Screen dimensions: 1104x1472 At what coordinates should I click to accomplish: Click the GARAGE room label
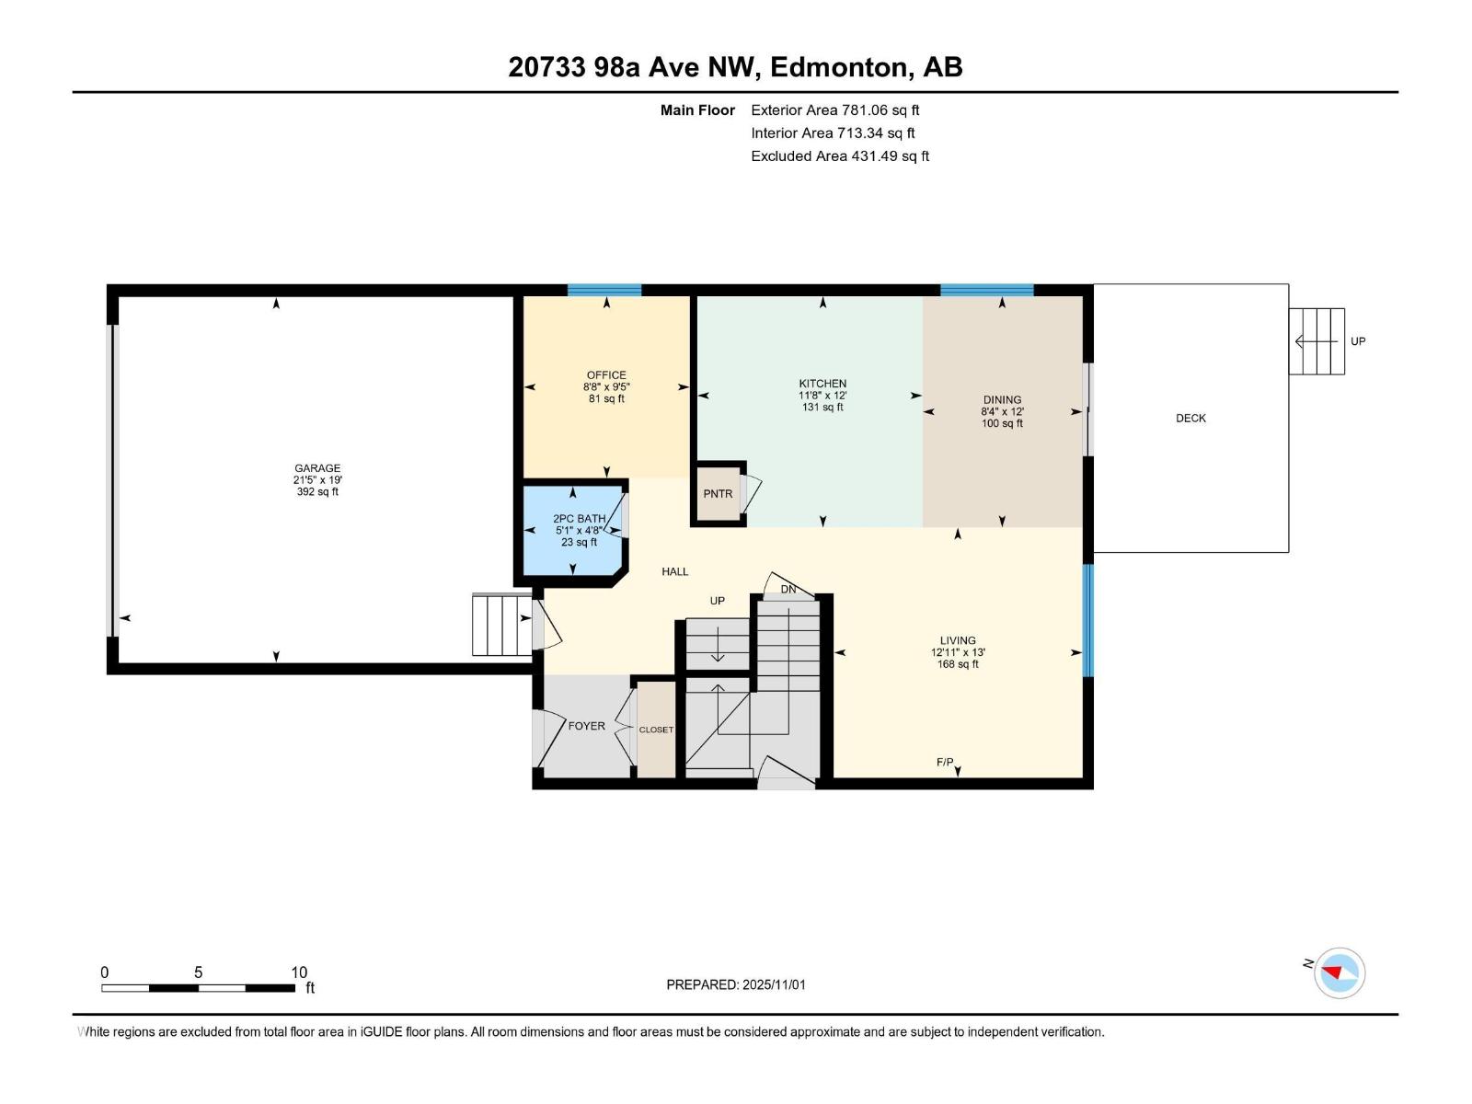[317, 468]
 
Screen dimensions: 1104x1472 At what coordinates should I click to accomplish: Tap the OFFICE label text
[606, 375]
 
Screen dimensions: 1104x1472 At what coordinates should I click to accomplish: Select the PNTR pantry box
[718, 494]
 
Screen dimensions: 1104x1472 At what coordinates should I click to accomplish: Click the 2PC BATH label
[579, 519]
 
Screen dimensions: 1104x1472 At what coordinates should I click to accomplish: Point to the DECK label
[1190, 419]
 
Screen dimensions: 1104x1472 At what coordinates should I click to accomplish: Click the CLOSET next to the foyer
[656, 730]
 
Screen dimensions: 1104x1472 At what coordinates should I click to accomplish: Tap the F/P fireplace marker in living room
[945, 763]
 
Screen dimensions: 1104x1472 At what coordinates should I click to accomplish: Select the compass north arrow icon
[1339, 973]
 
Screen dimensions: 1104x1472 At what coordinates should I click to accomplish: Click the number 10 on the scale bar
[299, 972]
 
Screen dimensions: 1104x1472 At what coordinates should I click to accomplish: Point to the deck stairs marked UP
[1317, 341]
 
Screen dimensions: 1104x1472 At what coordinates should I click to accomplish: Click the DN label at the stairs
[788, 590]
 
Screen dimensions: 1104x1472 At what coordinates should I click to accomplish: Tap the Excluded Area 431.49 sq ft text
[840, 156]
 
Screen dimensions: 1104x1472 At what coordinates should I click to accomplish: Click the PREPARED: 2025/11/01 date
[736, 984]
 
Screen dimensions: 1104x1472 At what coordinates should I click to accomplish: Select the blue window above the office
[604, 290]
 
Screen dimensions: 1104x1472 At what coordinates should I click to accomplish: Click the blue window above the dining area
[986, 290]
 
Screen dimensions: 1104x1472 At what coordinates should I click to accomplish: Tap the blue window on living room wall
[1088, 620]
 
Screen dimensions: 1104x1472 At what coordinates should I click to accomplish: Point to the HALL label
[674, 572]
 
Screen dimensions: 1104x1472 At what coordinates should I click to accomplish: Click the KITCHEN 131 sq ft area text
[822, 407]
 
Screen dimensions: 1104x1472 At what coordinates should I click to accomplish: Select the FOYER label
[586, 726]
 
